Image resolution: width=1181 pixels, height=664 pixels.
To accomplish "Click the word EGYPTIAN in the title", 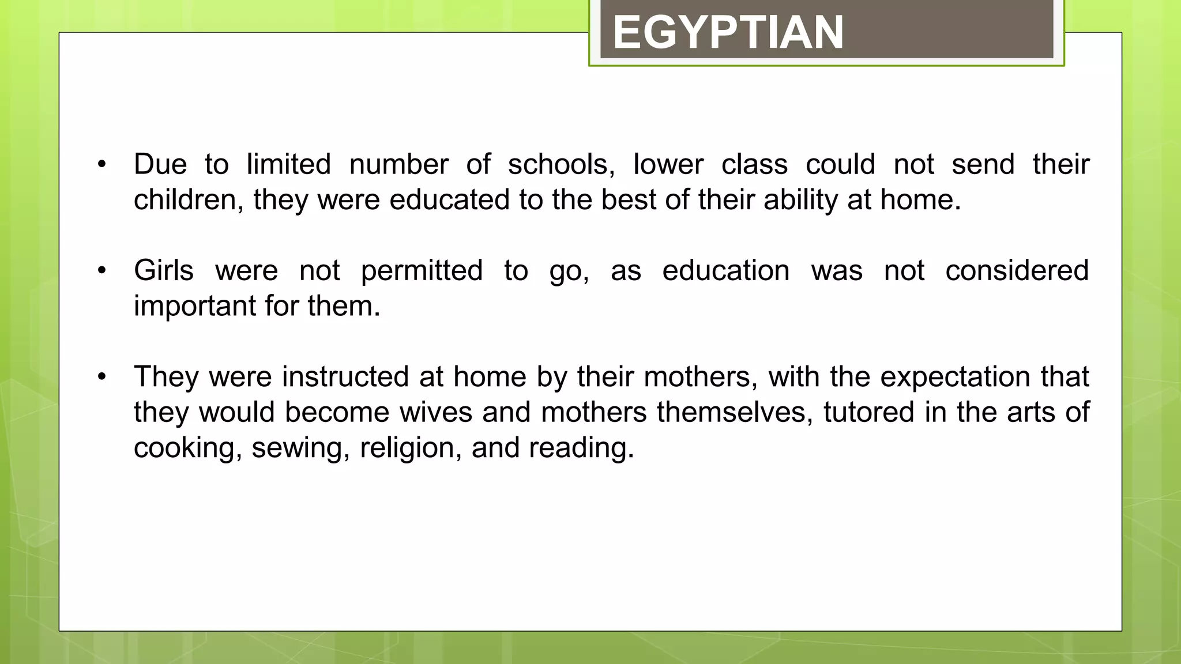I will (728, 32).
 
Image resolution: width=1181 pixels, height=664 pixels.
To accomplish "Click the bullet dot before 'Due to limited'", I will (102, 165).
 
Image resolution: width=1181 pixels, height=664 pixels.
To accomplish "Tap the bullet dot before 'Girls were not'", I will (102, 271).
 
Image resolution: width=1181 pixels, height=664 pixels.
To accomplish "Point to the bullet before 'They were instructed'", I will (102, 377).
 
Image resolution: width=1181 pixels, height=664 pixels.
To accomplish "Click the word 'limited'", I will (288, 165).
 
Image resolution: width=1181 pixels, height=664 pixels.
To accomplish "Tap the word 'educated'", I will (449, 201).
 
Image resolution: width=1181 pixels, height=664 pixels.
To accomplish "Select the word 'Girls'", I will (164, 271).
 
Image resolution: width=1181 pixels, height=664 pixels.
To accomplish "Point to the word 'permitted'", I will (422, 271).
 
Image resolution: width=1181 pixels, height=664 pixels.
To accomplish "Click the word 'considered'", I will (1017, 271).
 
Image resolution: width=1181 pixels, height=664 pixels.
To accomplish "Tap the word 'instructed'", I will (345, 377).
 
